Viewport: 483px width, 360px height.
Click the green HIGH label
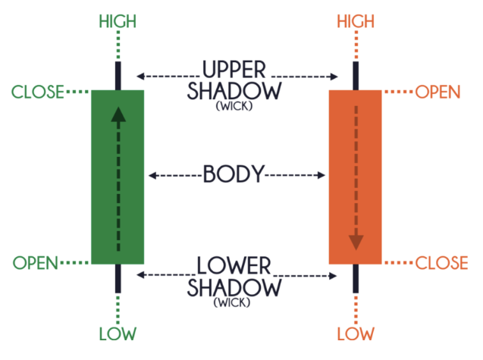pyautogui.click(x=118, y=20)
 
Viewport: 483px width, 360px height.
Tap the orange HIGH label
pyautogui.click(x=356, y=20)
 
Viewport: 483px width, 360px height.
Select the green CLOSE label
pyautogui.click(x=38, y=93)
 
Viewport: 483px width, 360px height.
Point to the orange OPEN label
pyautogui.click(x=438, y=93)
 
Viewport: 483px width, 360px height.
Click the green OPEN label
pyautogui.click(x=36, y=264)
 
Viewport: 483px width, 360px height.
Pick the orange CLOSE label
pyautogui.click(x=441, y=264)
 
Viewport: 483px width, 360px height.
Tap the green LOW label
pyautogui.click(x=118, y=333)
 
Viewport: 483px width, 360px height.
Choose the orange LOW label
pyautogui.click(x=356, y=333)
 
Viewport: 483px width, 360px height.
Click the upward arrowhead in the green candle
pyautogui.click(x=118, y=114)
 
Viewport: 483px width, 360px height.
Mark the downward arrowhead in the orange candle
pyautogui.click(x=356, y=243)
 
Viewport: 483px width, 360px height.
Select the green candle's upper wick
pyautogui.click(x=118, y=75)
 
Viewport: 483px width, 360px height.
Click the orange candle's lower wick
pyautogui.click(x=356, y=277)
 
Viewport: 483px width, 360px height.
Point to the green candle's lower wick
pyautogui.click(x=118, y=277)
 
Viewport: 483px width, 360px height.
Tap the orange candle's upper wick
pyautogui.click(x=356, y=75)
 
